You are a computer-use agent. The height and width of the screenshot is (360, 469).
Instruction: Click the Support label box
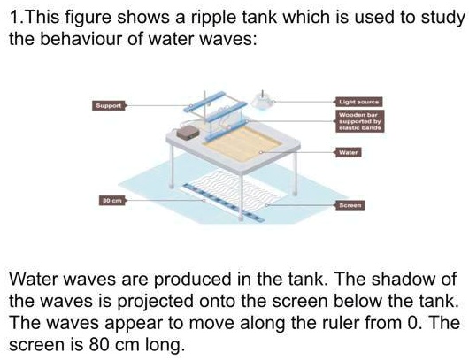pos(110,104)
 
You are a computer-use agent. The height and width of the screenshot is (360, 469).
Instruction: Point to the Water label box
pos(348,152)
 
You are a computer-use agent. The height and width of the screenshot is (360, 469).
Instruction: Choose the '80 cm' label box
pos(110,203)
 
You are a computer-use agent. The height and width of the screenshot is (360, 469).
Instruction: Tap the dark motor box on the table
pos(188,132)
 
